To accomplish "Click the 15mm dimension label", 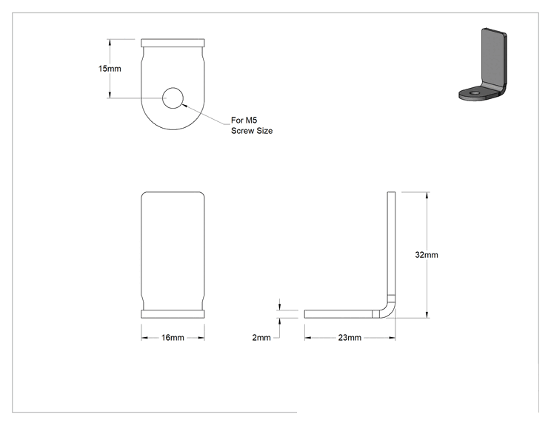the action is coord(110,69).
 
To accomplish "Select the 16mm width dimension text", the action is coord(173,338).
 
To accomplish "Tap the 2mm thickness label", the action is coord(261,338).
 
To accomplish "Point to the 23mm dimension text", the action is coord(350,338).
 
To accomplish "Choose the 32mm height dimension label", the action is coord(427,255).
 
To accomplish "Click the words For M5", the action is coord(244,120).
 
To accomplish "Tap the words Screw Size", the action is coord(252,131).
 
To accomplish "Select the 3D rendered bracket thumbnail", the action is coord(483,64).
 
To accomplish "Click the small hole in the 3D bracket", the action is coord(475,93).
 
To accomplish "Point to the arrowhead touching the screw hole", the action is coord(184,104).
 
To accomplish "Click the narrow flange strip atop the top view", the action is coord(173,43).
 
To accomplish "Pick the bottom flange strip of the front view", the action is coord(173,314).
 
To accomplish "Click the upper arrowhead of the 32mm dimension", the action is coord(427,195).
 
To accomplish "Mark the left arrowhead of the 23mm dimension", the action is coord(308,338).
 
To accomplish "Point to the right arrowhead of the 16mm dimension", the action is coord(201,338).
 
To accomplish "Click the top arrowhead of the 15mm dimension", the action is coord(110,42).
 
